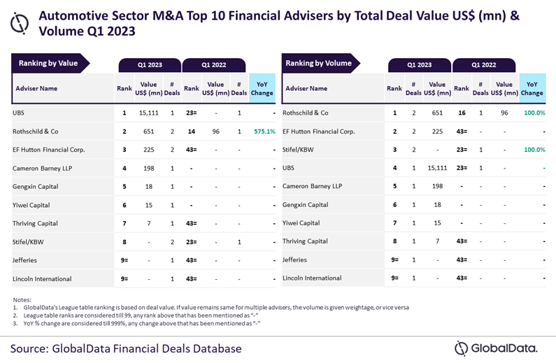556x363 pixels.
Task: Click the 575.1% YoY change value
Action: click(x=262, y=131)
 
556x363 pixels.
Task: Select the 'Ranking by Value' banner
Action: click(x=48, y=63)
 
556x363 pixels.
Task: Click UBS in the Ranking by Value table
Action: click(x=19, y=112)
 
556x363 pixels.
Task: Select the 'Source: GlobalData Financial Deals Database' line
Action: click(x=126, y=348)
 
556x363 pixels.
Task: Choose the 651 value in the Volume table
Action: click(x=438, y=112)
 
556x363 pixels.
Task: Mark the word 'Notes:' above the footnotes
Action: click(x=22, y=299)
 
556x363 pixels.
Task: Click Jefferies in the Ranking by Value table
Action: click(x=25, y=260)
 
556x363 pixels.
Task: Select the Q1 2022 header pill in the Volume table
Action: click(x=483, y=65)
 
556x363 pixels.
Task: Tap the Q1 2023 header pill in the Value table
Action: click(x=150, y=65)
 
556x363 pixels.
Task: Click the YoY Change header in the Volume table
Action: click(x=532, y=89)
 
